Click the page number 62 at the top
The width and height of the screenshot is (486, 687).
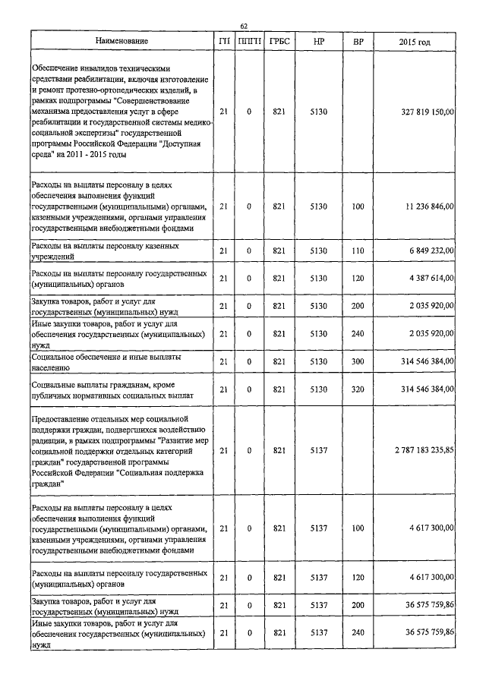tap(244, 25)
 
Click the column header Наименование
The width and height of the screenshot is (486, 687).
tap(121, 41)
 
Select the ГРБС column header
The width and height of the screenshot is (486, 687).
tap(278, 41)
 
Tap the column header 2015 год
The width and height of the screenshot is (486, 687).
tap(415, 41)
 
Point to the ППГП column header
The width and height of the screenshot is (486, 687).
tap(249, 41)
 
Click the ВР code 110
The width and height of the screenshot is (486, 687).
tap(358, 251)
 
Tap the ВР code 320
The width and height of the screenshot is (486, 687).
tap(358, 390)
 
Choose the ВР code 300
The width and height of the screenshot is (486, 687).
tap(358, 361)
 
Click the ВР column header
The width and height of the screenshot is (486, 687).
tap(358, 41)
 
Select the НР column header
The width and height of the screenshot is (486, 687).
tap(318, 41)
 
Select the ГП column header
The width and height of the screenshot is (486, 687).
tap(223, 41)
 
